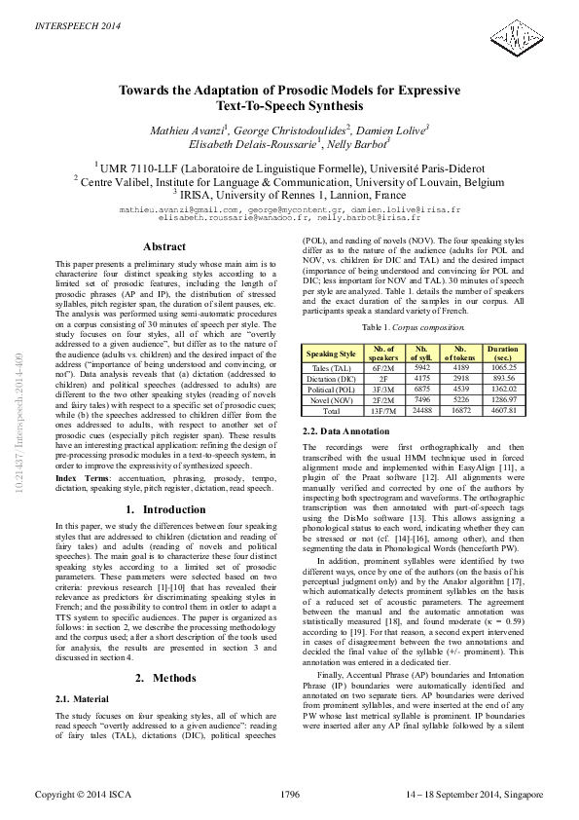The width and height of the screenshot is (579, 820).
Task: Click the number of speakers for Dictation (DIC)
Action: coord(383,378)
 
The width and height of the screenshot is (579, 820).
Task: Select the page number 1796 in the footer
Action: coord(289,795)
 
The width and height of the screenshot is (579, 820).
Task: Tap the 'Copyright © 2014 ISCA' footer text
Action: coord(85,795)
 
